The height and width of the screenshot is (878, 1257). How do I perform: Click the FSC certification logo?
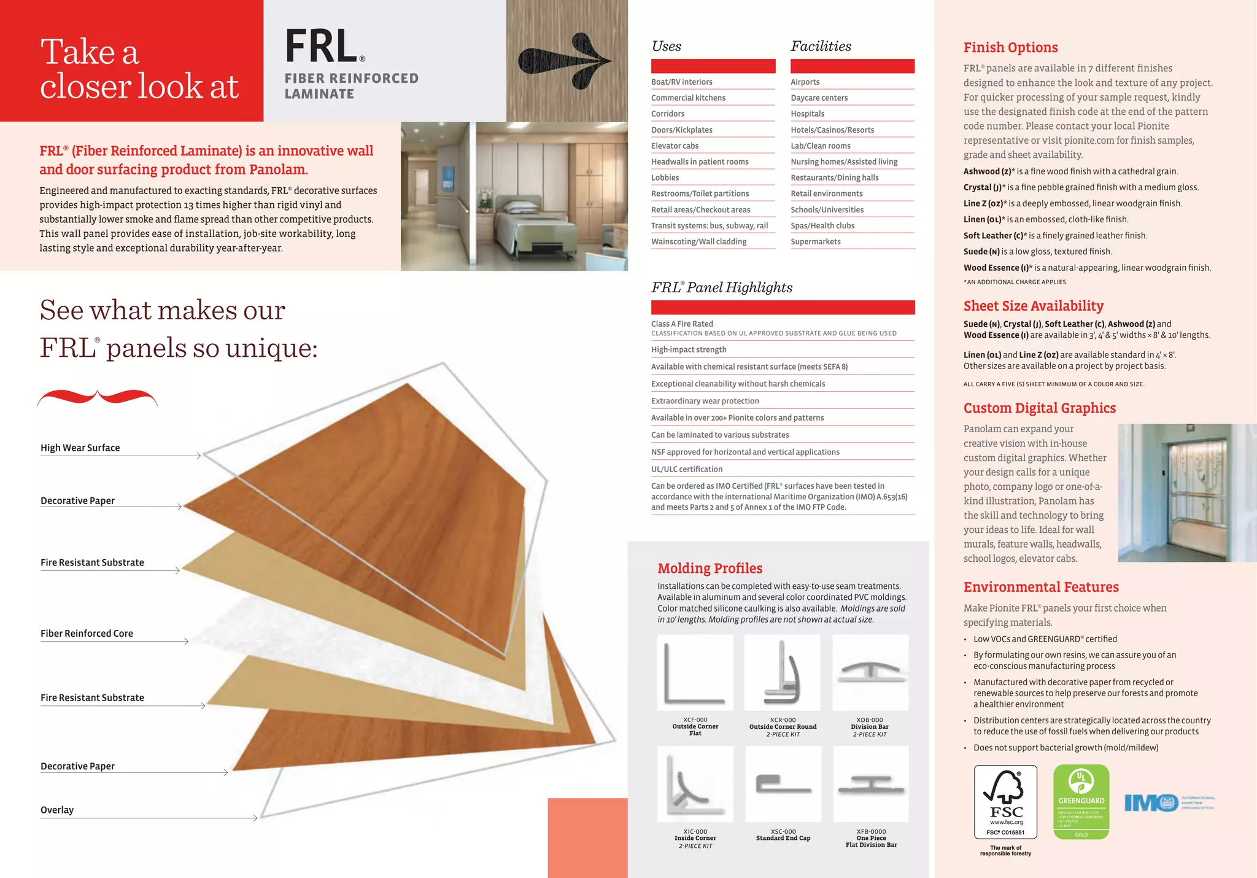1005,801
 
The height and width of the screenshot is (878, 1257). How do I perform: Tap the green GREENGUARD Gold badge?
1081,801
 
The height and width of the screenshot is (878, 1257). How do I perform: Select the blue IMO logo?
1151,802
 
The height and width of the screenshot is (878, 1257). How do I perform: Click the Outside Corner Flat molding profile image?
695,672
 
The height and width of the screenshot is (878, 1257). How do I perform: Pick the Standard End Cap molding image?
783,784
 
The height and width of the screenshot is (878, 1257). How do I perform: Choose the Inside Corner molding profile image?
695,784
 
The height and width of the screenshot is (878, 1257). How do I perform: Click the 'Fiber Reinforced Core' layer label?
87,633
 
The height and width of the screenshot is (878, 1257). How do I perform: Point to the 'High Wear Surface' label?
80,448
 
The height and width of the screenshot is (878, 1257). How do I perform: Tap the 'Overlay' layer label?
57,810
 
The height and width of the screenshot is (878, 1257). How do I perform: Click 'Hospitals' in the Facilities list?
808,114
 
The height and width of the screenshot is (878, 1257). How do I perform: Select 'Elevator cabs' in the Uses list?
675,146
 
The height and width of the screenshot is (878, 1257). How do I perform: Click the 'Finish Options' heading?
1010,47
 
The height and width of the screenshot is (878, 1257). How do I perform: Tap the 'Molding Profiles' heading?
710,568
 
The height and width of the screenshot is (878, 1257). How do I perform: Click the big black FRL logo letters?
322,47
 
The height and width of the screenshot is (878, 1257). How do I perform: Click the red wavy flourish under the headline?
98,397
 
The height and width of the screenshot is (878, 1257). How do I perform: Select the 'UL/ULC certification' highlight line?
687,469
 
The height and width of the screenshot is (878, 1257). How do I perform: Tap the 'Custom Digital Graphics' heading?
1040,408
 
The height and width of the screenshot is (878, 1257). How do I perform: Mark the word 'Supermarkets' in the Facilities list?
816,241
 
